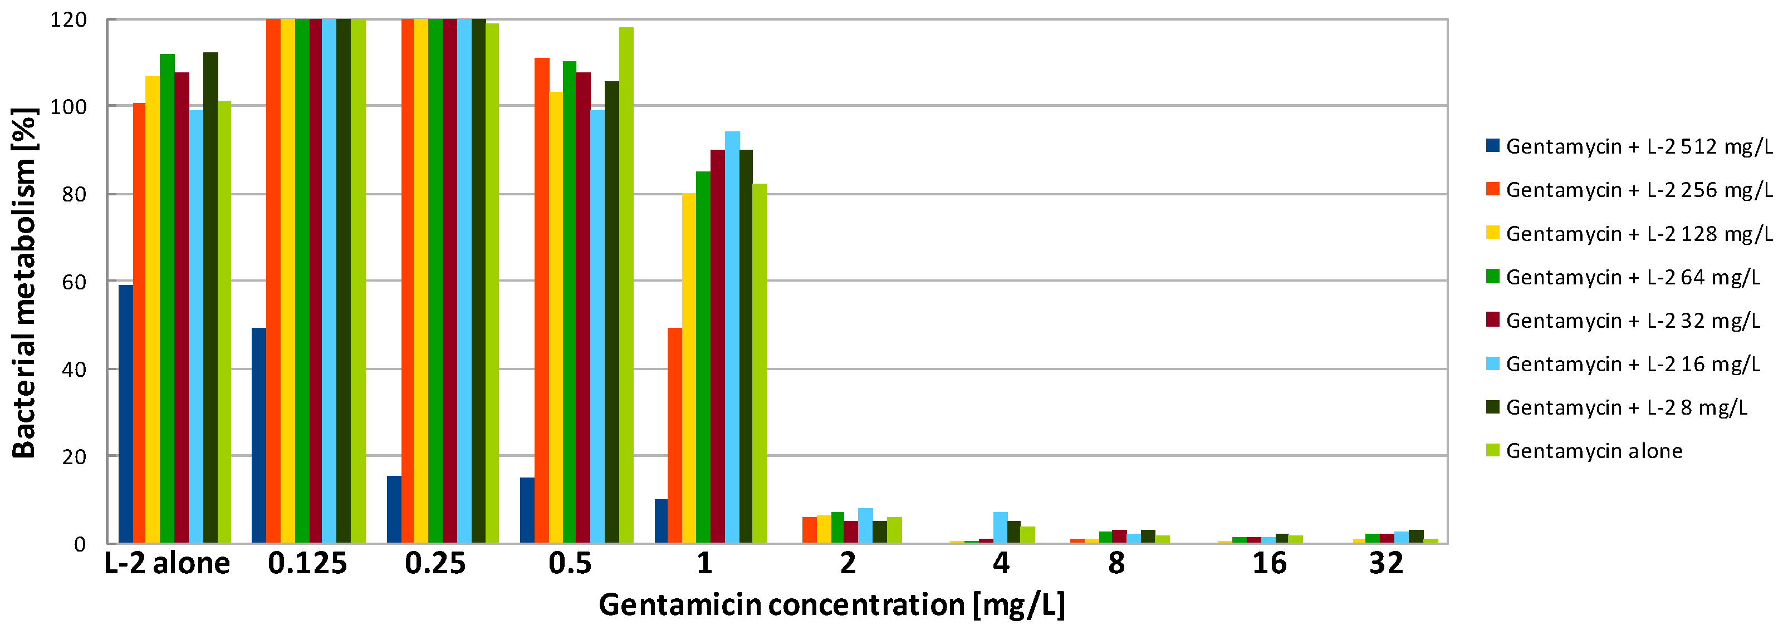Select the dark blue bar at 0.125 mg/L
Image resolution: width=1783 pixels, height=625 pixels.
tap(258, 435)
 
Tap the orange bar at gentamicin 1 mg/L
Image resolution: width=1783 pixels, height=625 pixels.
tap(674, 435)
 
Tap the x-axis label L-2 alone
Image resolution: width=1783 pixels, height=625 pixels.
tap(167, 563)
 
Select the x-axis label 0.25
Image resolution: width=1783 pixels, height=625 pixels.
tap(435, 563)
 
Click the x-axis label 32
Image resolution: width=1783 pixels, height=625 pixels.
tap(1386, 563)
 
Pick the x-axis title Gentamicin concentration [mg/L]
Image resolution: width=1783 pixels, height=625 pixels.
tap(831, 605)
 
